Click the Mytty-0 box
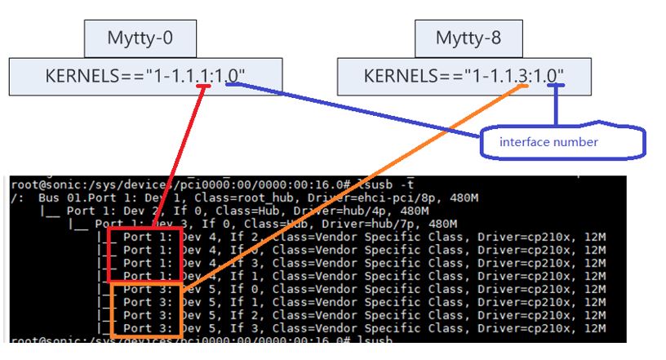[x=140, y=38]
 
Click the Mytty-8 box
[x=468, y=38]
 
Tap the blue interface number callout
[x=549, y=142]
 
